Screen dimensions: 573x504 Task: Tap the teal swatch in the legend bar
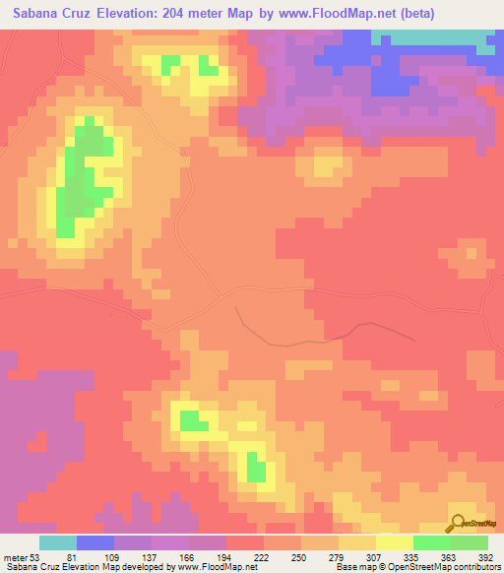tap(58, 541)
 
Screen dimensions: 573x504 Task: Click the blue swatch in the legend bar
tap(95, 541)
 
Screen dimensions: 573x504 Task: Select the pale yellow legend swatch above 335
tap(395, 541)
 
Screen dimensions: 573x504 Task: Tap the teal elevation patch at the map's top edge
tap(433, 37)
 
